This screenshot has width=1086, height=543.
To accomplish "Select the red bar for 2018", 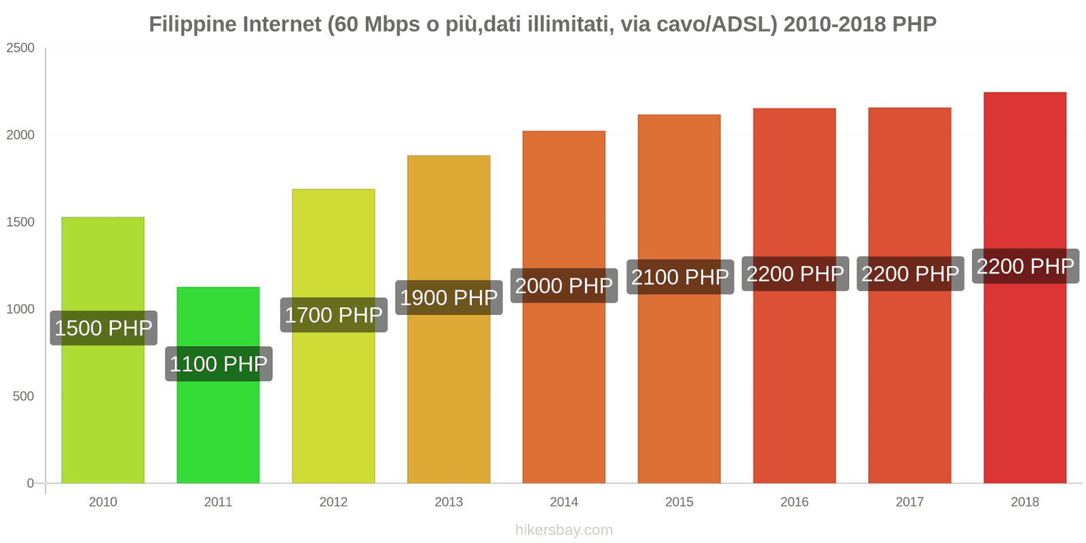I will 1024,380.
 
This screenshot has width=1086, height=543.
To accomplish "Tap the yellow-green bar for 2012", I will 333,407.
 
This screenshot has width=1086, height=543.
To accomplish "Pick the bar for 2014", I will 563,394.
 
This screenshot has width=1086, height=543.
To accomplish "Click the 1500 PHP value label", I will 103,329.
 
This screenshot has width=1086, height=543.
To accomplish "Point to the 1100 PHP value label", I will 219,364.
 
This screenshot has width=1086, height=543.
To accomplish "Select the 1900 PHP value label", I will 449,298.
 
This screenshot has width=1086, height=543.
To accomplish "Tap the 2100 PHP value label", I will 679,277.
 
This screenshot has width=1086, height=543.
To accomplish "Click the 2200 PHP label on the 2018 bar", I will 1025,266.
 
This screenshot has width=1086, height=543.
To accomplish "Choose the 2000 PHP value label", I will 564,286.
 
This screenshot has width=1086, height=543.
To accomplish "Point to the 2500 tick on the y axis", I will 20,48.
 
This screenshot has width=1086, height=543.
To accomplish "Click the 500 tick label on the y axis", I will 23,396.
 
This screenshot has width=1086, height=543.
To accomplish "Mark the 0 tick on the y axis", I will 30,483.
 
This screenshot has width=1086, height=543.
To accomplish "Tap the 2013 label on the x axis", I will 449,502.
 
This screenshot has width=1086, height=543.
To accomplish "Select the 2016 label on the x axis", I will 794,502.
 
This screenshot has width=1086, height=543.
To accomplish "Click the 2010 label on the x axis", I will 103,502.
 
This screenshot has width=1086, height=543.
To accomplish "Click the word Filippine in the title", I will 192,24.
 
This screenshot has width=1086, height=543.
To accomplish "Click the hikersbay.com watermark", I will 563,530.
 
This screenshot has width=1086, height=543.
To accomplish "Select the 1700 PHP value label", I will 333,316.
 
